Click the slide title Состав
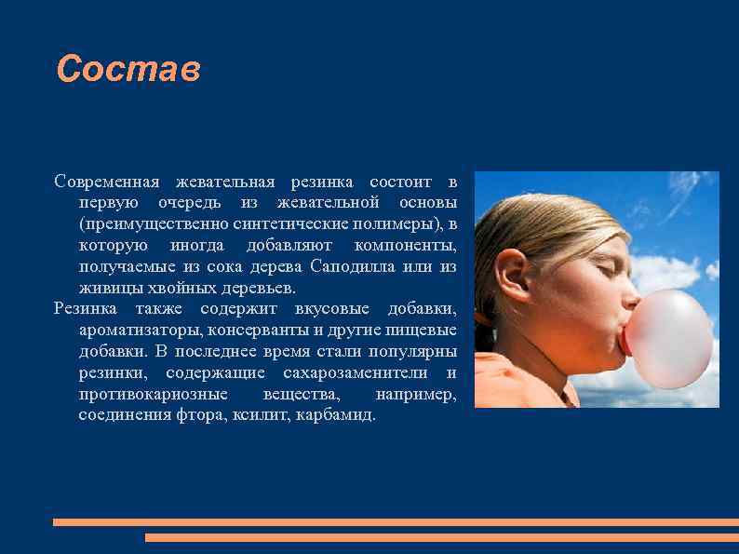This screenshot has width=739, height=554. click(128, 70)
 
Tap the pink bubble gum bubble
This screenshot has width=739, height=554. click(667, 337)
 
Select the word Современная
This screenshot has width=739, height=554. click(107, 181)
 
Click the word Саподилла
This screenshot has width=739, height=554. click(356, 267)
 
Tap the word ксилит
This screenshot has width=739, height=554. click(261, 415)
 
